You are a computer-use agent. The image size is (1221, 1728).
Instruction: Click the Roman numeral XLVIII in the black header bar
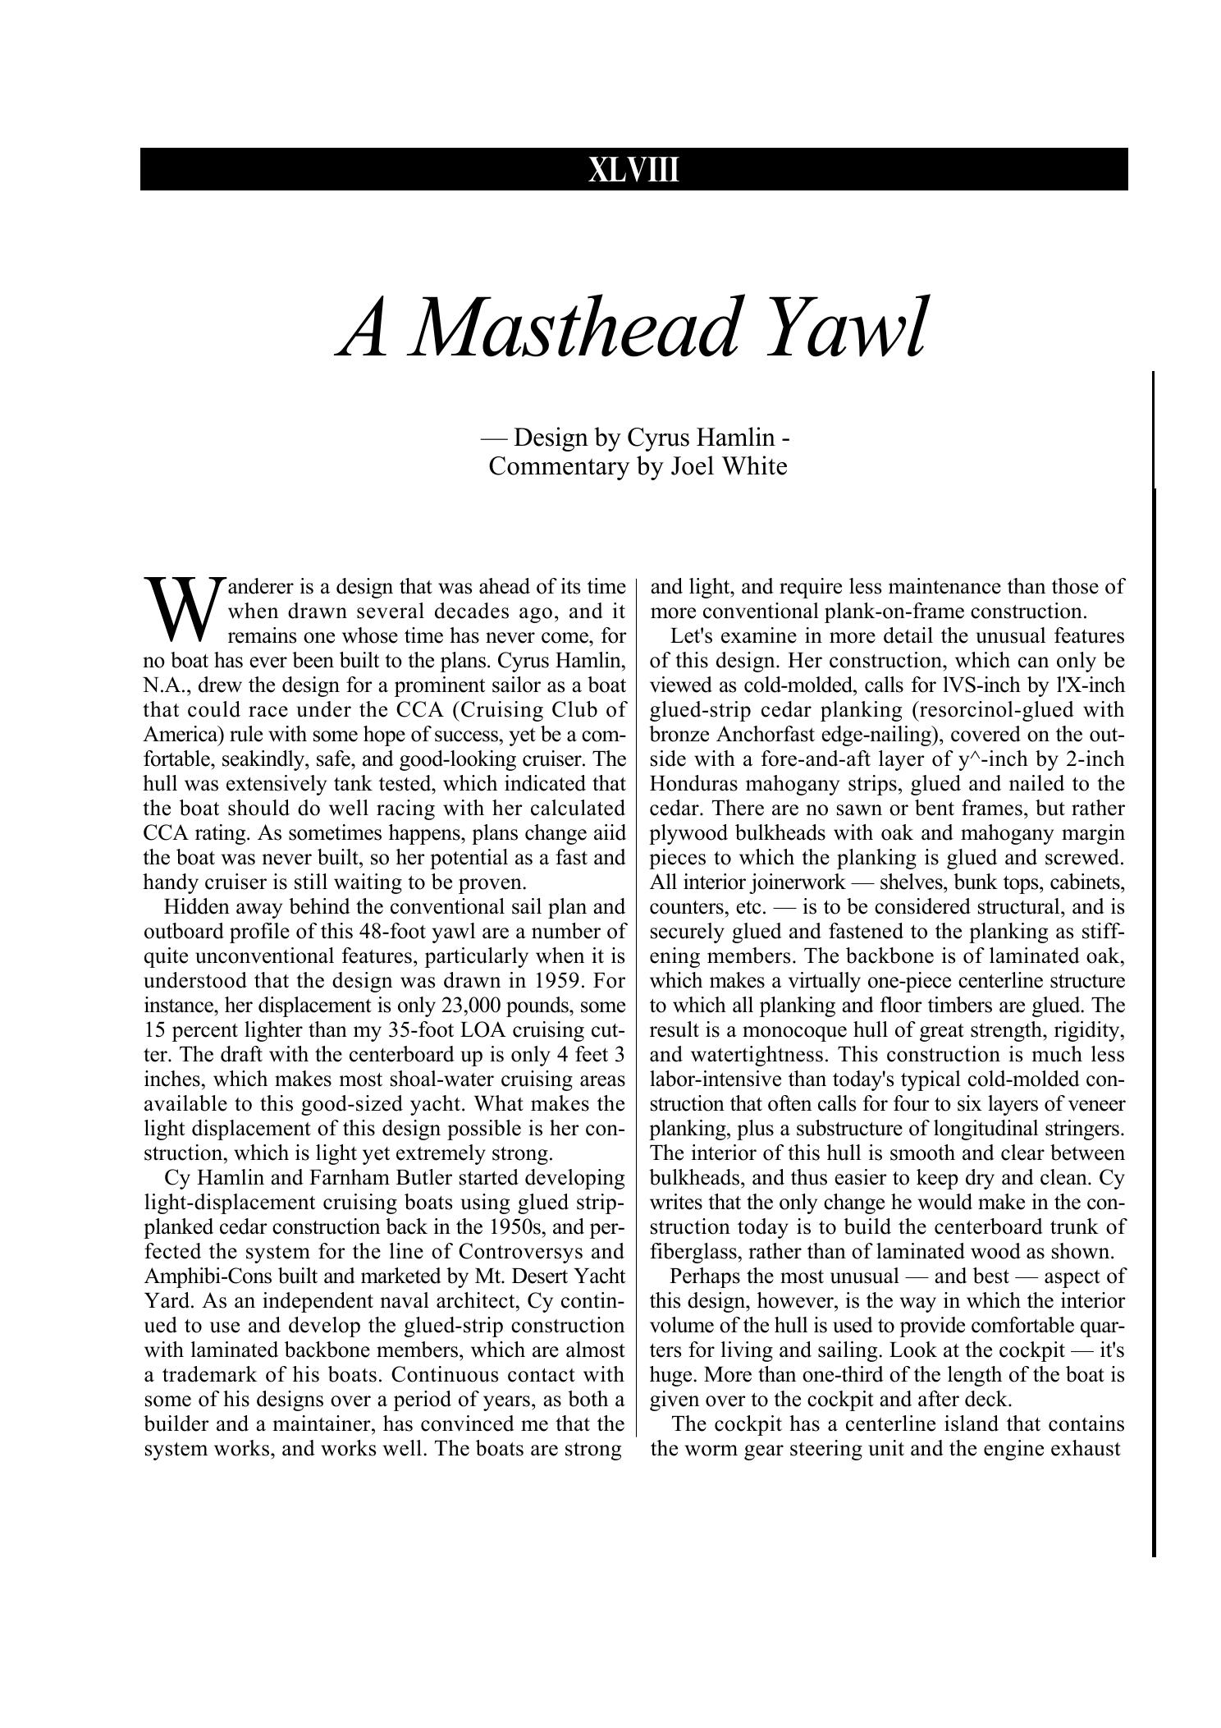point(633,171)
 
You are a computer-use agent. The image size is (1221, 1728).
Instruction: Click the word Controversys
point(522,1252)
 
